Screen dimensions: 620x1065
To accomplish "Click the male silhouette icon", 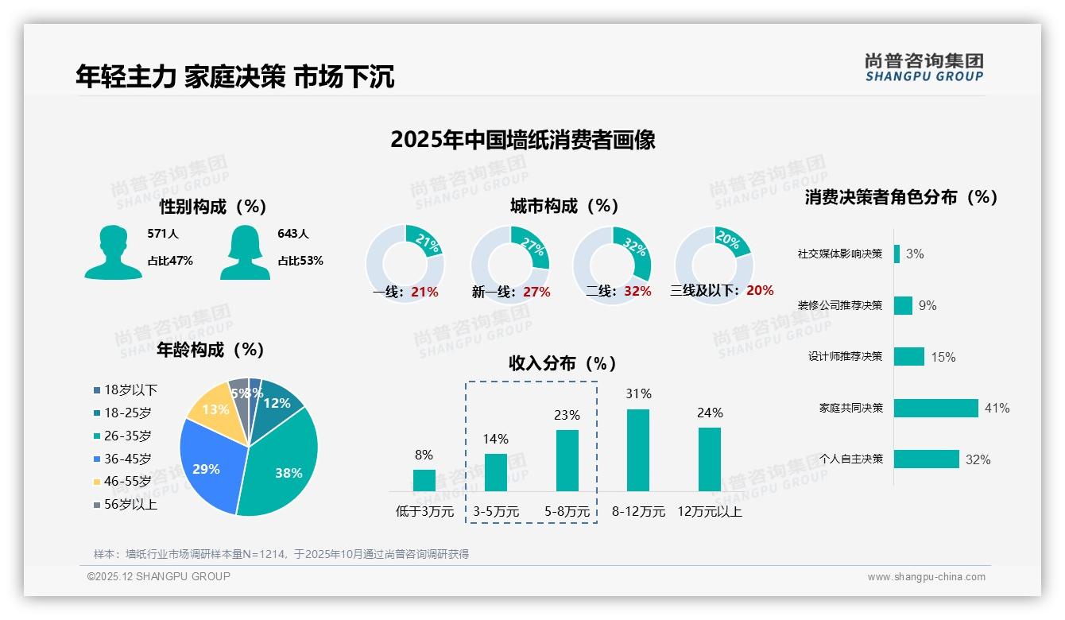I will [x=113, y=252].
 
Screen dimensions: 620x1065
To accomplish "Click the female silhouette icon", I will [x=245, y=252].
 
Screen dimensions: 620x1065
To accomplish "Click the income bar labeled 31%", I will [x=638, y=450].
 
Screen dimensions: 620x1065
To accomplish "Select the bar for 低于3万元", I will [x=424, y=480].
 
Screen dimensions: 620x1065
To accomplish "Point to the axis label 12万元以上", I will [x=709, y=512].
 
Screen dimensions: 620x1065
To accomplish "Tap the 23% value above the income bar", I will [x=567, y=415].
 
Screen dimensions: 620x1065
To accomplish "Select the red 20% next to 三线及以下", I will [x=760, y=291].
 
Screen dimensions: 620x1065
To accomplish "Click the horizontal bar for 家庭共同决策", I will [x=935, y=408].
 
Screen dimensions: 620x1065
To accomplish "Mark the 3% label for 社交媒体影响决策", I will [x=915, y=254].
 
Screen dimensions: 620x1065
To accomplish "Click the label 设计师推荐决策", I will [x=845, y=357].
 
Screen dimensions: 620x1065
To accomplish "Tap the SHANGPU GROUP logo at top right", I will [x=924, y=68].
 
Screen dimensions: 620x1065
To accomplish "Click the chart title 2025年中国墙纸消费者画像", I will [x=523, y=140].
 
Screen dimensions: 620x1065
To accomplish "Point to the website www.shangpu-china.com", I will [x=926, y=577].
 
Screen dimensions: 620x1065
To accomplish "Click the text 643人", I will [x=293, y=234].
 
